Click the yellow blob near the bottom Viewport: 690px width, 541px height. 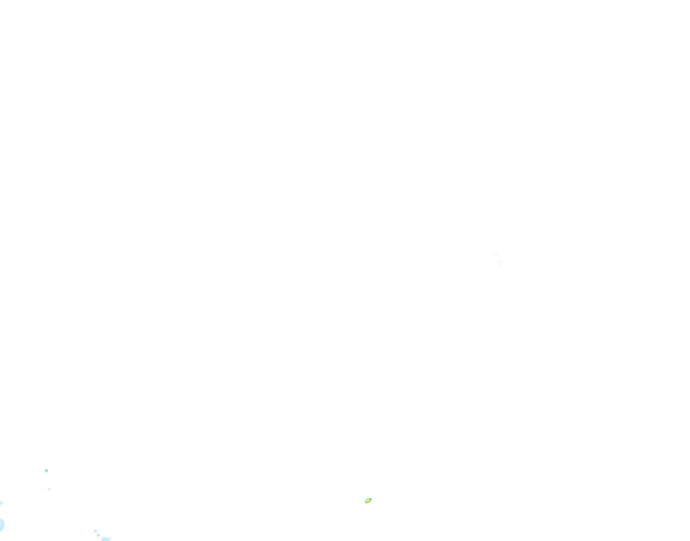click(x=368, y=501)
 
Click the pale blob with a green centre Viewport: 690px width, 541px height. click(x=46, y=471)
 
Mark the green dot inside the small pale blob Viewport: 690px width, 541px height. click(x=46, y=470)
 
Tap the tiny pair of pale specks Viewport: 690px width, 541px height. click(x=49, y=489)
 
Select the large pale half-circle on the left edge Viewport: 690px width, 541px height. click(x=2, y=525)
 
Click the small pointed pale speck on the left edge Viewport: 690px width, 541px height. click(x=1, y=503)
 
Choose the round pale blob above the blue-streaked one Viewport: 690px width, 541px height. click(x=95, y=531)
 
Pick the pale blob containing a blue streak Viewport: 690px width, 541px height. click(x=98, y=535)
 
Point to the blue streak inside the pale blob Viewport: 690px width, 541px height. click(x=98, y=535)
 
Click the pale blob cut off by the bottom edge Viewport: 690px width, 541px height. click(x=106, y=539)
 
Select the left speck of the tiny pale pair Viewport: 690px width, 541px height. click(x=48, y=489)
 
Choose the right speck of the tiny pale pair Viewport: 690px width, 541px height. click(x=49, y=490)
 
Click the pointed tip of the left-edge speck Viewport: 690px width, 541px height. click(x=3, y=503)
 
